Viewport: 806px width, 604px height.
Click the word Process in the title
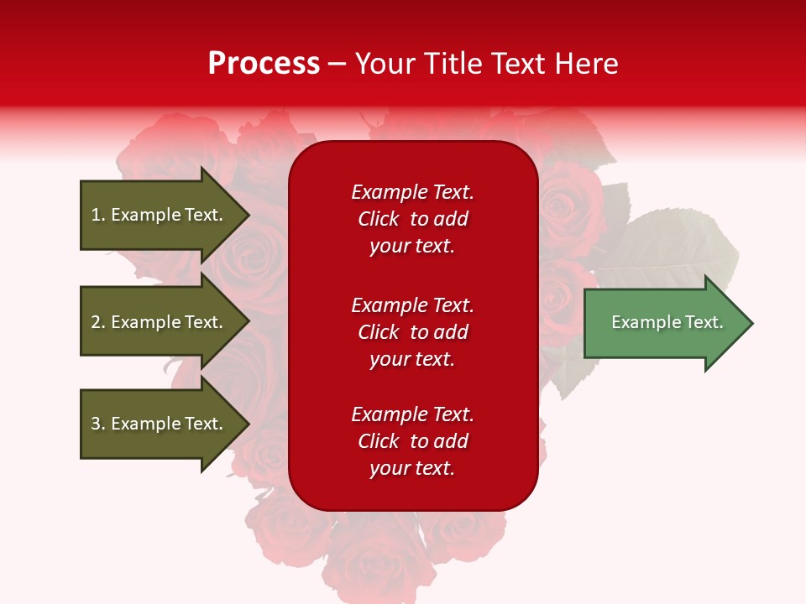(264, 64)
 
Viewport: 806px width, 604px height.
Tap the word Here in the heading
(584, 64)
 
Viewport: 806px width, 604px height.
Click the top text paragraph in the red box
(412, 219)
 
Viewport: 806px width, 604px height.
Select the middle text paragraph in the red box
(412, 332)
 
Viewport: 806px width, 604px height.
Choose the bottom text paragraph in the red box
(412, 441)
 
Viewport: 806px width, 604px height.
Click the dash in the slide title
(337, 64)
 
